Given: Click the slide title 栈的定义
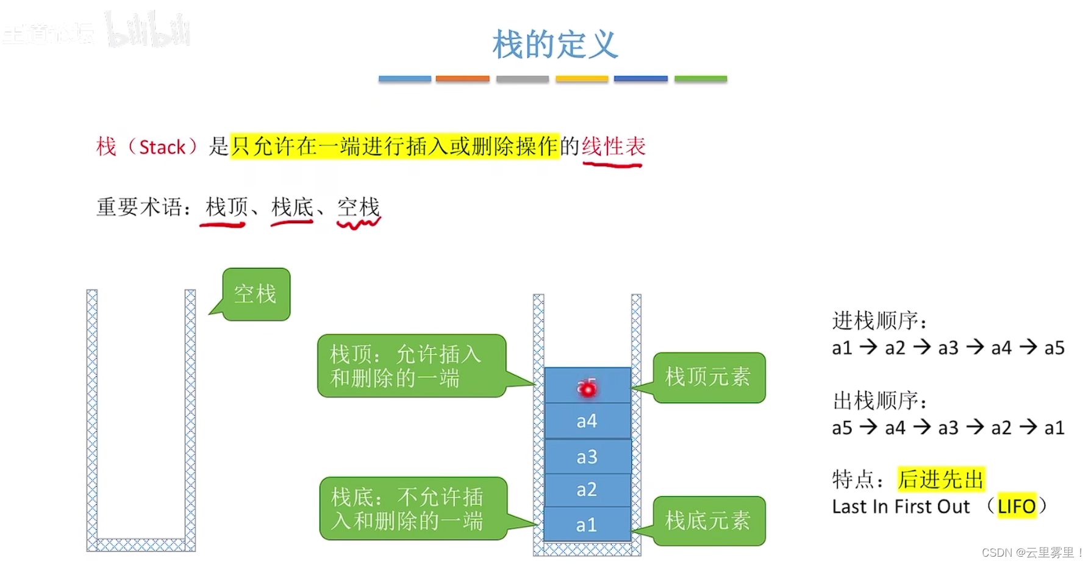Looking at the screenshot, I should pos(555,45).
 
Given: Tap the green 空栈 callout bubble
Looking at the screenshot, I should pos(256,294).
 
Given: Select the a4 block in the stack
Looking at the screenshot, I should pos(587,421).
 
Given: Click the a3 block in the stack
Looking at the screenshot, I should pos(587,457).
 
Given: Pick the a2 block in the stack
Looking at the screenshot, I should pos(587,490).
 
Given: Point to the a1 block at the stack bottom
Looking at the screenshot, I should pos(587,524).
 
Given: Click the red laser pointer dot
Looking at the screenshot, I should pos(588,389).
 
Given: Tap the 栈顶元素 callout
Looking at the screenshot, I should pos(708,377).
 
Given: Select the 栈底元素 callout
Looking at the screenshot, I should pos(708,521).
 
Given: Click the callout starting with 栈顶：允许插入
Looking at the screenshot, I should pos(412,366).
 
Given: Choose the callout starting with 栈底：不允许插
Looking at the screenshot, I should pos(413,509).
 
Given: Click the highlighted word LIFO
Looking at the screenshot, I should pos(1017,506).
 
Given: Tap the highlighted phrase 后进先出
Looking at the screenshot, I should pos(941,479).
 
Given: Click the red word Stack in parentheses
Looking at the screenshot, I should pos(162,147).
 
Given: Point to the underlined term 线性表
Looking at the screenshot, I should pos(613,146).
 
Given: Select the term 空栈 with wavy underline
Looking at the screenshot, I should pos(359,207).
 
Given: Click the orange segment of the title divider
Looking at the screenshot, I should pos(462,79).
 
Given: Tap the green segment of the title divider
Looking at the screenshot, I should pos(700,79).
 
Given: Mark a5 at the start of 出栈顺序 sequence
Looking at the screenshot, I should pos(842,427).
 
